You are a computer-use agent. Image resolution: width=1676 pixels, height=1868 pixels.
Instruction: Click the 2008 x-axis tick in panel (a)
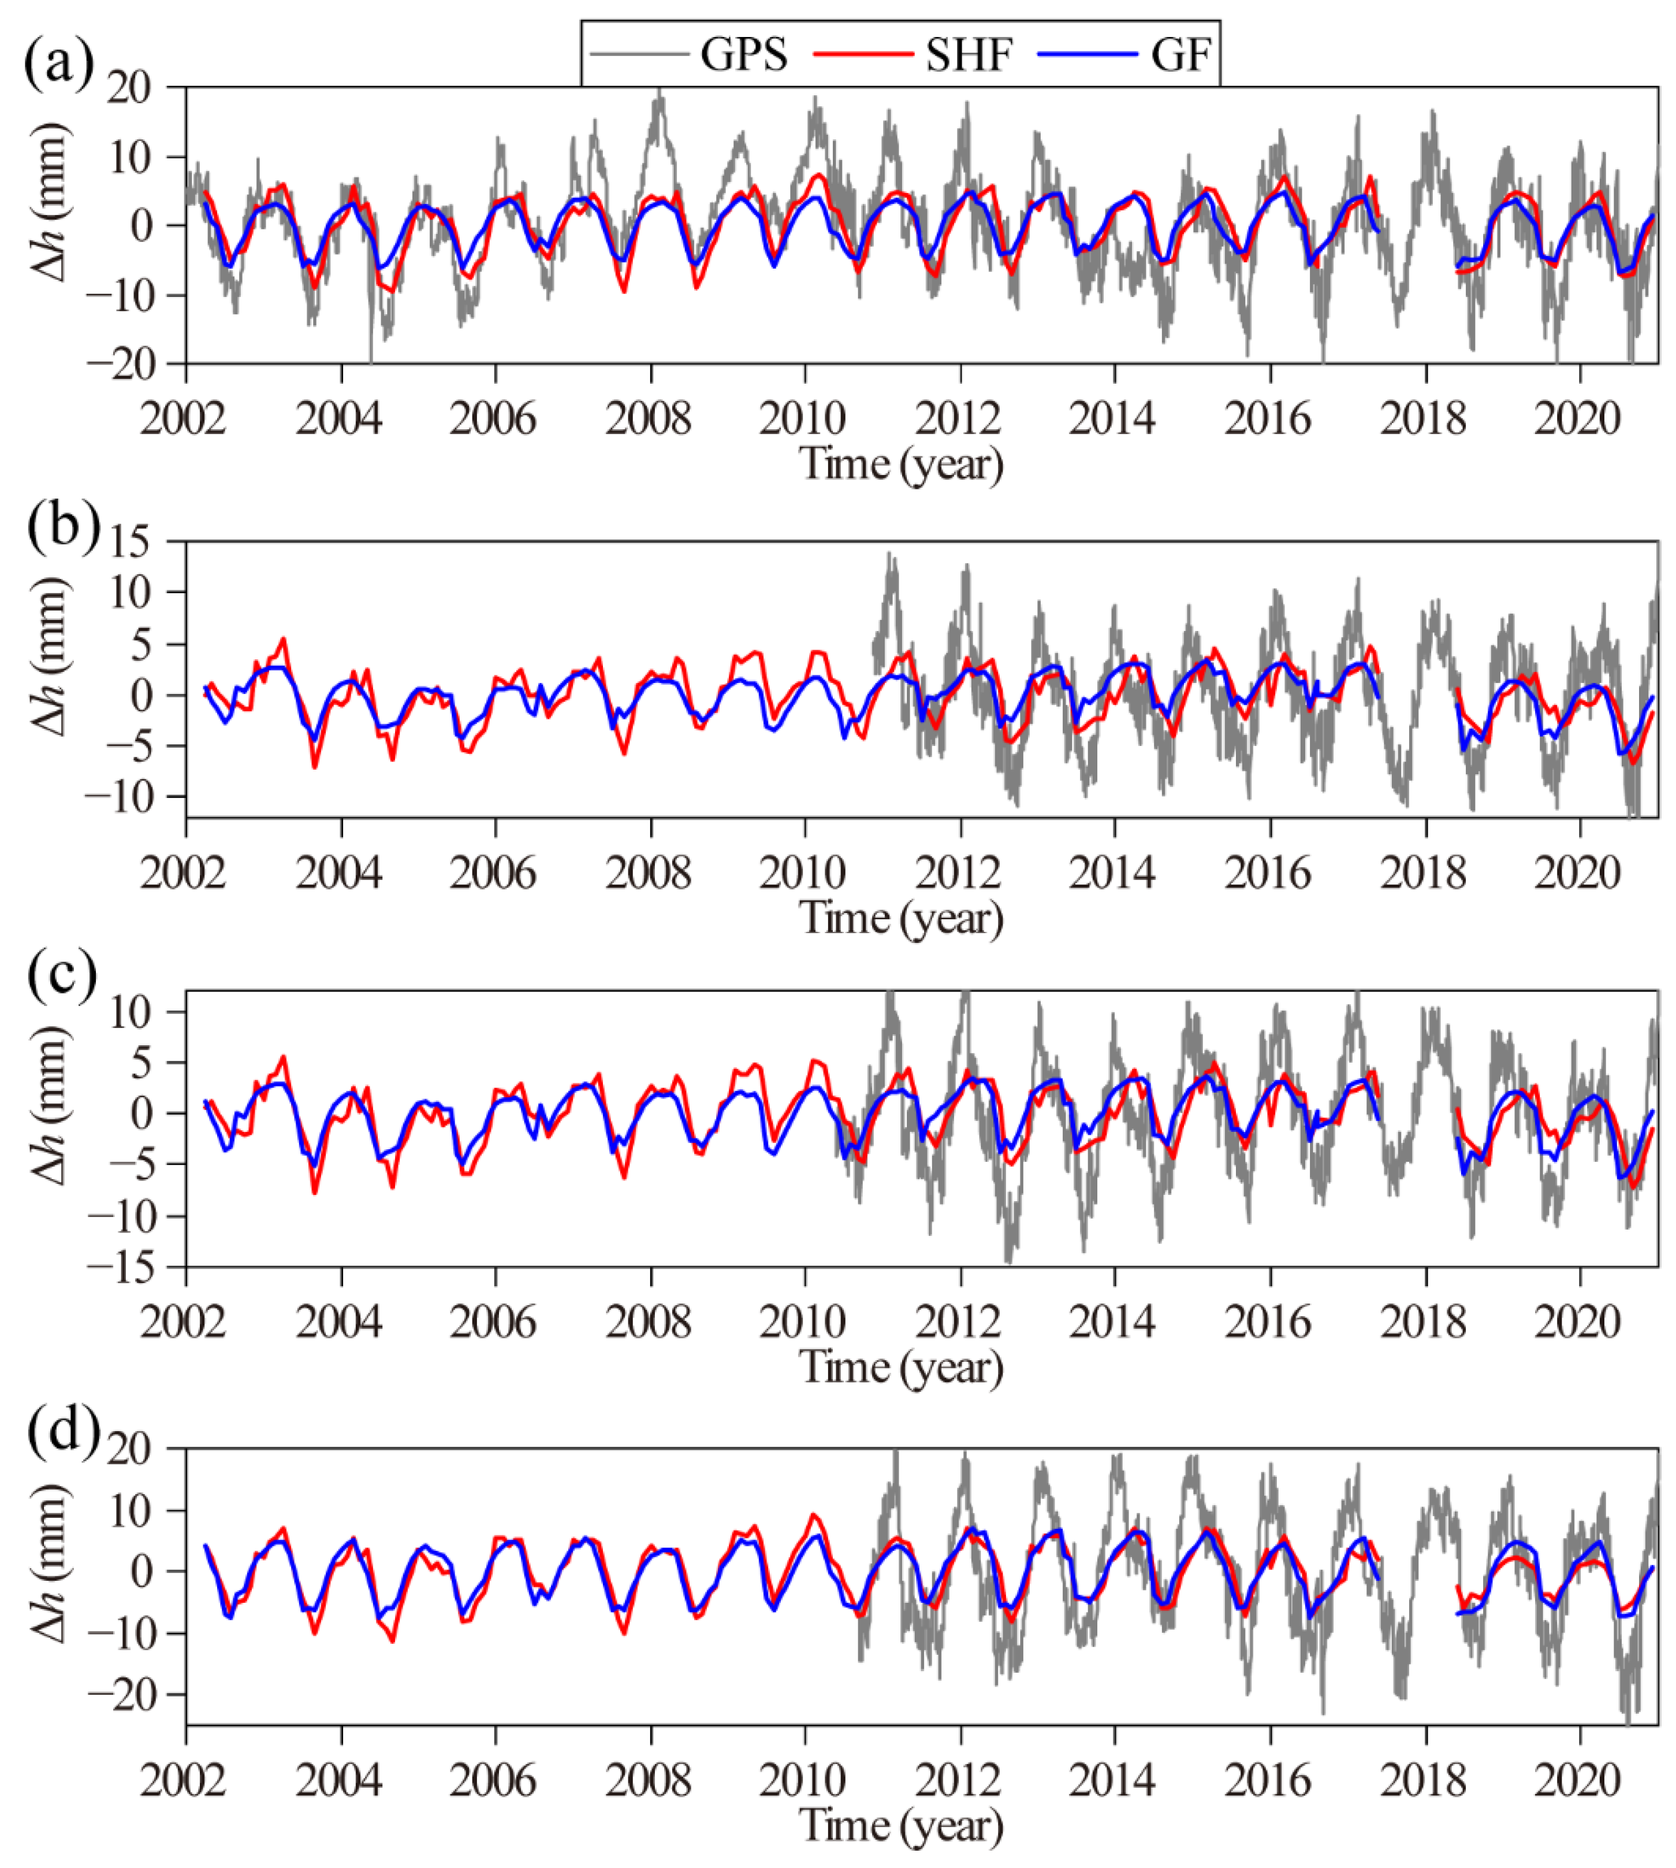(x=649, y=419)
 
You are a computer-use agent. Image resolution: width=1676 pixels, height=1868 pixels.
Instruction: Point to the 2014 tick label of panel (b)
(x=1112, y=873)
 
